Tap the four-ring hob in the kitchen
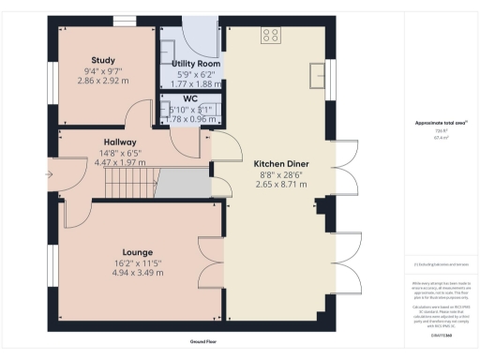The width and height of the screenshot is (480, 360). pyautogui.click(x=272, y=36)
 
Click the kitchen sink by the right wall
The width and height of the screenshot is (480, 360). pyautogui.click(x=318, y=72)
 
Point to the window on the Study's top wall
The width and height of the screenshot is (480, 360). pyautogui.click(x=125, y=20)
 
